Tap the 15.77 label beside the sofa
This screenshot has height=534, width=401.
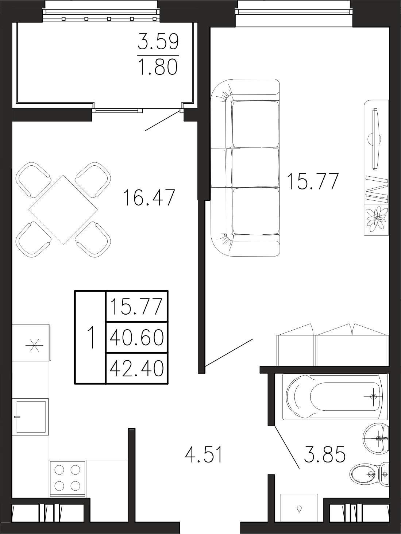(313, 181)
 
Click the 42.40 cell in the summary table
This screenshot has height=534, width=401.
(136, 369)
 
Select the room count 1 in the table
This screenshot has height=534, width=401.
(91, 337)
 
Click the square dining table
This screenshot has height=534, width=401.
(63, 210)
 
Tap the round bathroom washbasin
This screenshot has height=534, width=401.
(376, 439)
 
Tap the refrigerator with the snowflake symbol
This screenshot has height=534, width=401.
(31, 342)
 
